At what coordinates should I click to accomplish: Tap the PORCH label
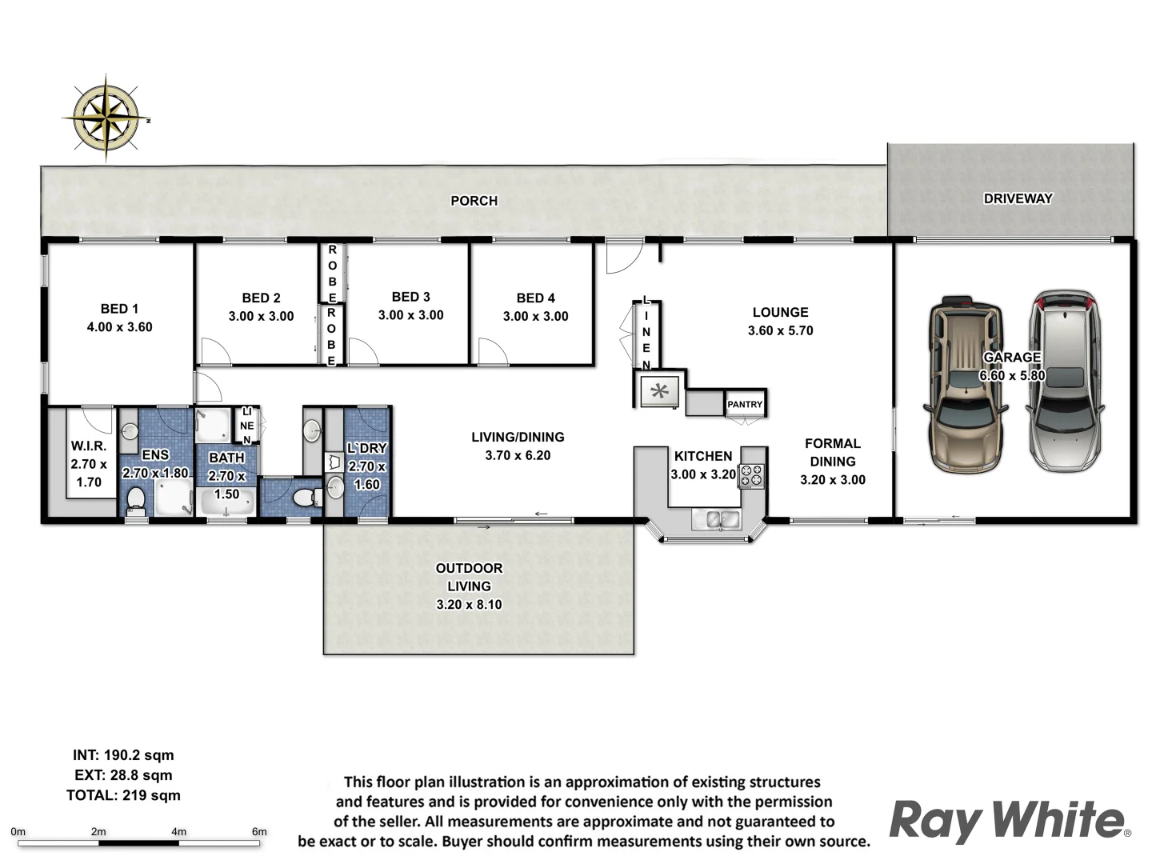click(474, 201)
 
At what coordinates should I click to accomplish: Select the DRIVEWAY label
click(1018, 198)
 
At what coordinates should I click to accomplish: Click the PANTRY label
click(745, 404)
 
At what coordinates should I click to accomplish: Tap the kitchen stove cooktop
click(751, 475)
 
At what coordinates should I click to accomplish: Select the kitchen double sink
click(717, 519)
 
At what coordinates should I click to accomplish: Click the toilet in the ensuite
click(136, 501)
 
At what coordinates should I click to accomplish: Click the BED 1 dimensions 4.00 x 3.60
click(119, 326)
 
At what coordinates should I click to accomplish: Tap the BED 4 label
click(535, 298)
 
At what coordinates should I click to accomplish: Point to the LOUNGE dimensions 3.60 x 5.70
click(780, 330)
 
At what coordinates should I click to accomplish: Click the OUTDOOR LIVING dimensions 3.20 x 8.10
click(469, 604)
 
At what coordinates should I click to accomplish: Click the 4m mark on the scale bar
click(179, 832)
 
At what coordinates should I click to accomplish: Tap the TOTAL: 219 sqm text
click(123, 795)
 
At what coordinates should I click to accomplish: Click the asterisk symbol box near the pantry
click(660, 391)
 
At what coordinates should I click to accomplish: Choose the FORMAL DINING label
click(833, 452)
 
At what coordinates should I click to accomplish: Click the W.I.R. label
click(88, 446)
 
